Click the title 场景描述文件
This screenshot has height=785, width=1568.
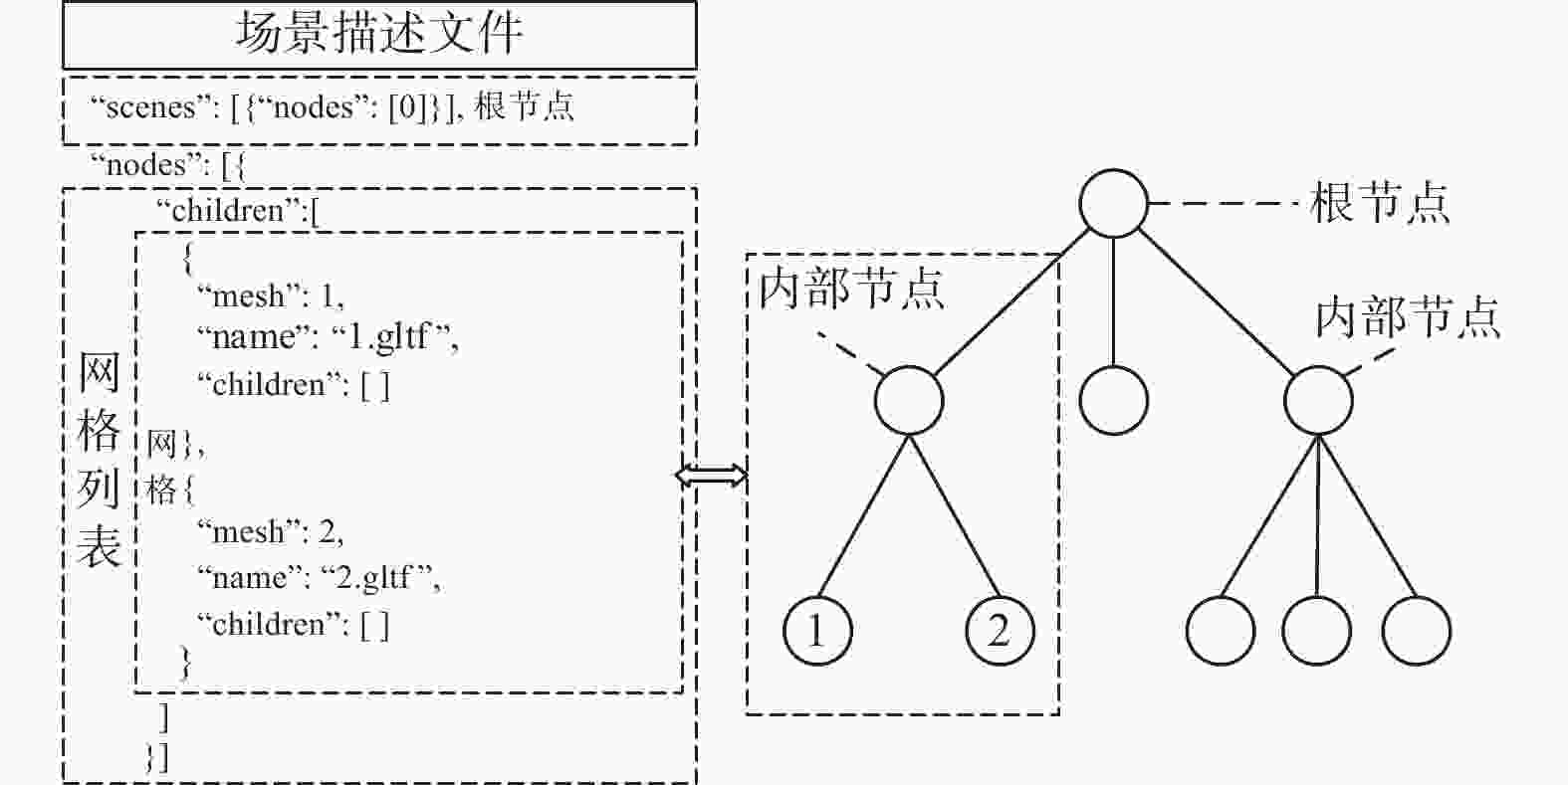click(378, 33)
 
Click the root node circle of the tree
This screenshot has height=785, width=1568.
click(1114, 204)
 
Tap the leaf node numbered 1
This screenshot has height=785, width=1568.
click(817, 631)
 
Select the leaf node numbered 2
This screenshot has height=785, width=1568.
click(1000, 631)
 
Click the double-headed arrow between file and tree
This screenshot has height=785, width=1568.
click(711, 476)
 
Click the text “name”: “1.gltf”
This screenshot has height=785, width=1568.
click(328, 337)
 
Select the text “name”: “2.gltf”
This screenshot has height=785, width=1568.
click(319, 578)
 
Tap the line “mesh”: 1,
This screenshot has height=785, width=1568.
click(271, 295)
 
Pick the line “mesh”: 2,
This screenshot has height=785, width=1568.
click(270, 531)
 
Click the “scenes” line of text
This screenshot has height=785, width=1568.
click(332, 107)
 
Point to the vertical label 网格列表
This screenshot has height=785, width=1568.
click(99, 459)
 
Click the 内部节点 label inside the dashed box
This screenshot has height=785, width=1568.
click(852, 289)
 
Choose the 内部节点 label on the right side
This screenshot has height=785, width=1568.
click(1409, 317)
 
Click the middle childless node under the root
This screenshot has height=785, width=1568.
click(1114, 400)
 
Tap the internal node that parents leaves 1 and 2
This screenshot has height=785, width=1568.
click(909, 400)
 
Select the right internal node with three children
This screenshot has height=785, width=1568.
click(1318, 400)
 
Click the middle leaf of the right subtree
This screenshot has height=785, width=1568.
click(1317, 631)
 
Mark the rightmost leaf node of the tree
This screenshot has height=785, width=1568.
click(1417, 631)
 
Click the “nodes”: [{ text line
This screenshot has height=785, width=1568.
click(168, 166)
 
